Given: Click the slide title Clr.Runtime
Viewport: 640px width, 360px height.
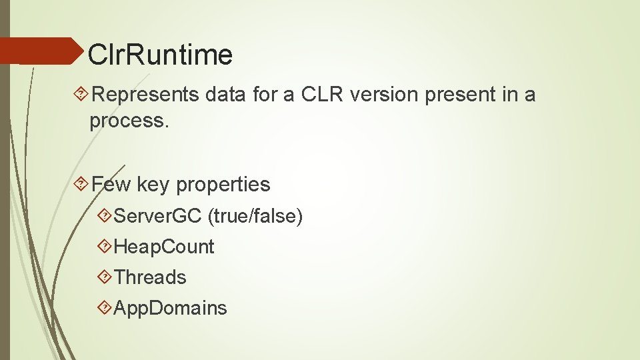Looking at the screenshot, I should pyautogui.click(x=160, y=54).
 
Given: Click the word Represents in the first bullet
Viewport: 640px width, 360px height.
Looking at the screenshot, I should pyautogui.click(x=145, y=95).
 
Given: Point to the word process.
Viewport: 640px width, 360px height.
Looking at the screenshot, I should pyautogui.click(x=127, y=121).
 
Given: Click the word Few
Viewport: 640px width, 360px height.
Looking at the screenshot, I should pyautogui.click(x=111, y=184).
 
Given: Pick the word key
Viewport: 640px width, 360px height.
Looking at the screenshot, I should pyautogui.click(x=153, y=184).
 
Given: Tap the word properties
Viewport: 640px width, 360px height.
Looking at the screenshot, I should pyautogui.click(x=223, y=185).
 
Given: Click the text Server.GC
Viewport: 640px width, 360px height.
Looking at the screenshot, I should pyautogui.click(x=158, y=216).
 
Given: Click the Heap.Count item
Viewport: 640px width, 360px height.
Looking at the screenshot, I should pyautogui.click(x=164, y=247).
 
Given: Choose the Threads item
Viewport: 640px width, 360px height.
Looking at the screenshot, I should pyautogui.click(x=150, y=277).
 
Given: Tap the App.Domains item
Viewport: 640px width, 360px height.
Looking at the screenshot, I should pyautogui.click(x=171, y=308).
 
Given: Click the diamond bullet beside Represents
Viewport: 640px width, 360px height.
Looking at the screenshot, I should pyautogui.click(x=81, y=95).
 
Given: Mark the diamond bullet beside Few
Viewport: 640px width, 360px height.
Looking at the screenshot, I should pyautogui.click(x=81, y=185).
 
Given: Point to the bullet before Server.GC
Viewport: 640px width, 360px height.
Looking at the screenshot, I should pyautogui.click(x=105, y=216).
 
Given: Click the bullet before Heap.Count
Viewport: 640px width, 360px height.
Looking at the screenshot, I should pyautogui.click(x=105, y=247).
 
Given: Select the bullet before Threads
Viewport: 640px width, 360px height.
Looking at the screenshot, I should pyautogui.click(x=105, y=277).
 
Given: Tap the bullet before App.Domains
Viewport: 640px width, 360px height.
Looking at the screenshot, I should pyautogui.click(x=105, y=308).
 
